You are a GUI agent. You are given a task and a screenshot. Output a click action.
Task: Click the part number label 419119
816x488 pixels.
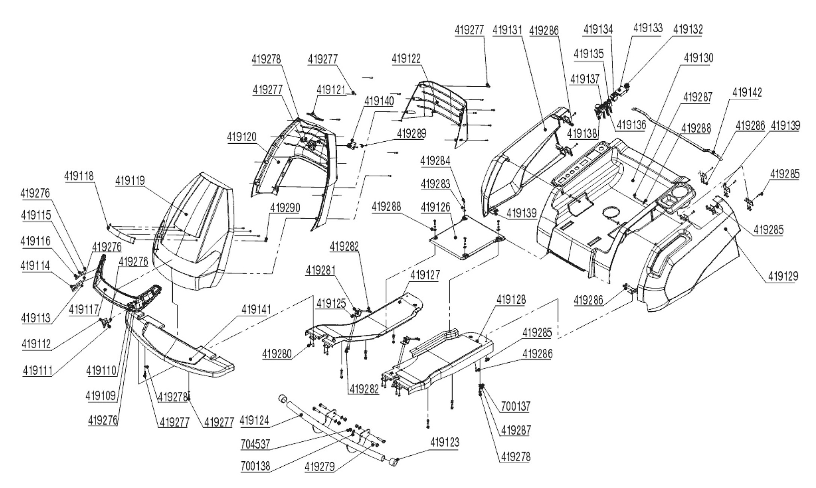pyautogui.click(x=130, y=181)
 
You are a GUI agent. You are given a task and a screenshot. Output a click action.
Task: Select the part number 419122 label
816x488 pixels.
pyautogui.click(x=406, y=59)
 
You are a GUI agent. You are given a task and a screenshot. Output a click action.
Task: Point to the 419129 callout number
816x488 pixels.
pyautogui.click(x=783, y=276)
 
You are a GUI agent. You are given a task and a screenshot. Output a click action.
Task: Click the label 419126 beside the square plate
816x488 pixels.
pyautogui.click(x=436, y=207)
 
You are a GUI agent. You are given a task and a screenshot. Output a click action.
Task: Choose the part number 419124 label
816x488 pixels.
pyautogui.click(x=254, y=420)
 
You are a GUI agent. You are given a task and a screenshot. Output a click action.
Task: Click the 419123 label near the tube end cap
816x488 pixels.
pyautogui.click(x=444, y=442)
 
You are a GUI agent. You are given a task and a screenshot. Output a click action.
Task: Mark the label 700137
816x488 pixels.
pyautogui.click(x=516, y=406)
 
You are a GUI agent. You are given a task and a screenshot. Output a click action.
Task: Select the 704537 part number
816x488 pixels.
pyautogui.click(x=256, y=444)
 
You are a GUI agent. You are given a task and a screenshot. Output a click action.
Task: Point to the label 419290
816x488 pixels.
pyautogui.click(x=285, y=208)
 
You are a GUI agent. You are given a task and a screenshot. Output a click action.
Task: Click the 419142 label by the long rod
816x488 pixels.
pyautogui.click(x=747, y=92)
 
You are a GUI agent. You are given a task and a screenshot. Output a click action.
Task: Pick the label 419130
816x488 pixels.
pyautogui.click(x=699, y=58)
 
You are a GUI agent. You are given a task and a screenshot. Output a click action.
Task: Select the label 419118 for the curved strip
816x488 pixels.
pyautogui.click(x=79, y=176)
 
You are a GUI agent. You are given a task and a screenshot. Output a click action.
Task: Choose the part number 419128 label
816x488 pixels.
pyautogui.click(x=511, y=300)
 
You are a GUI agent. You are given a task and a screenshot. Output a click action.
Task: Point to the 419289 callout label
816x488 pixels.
pyautogui.click(x=411, y=133)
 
